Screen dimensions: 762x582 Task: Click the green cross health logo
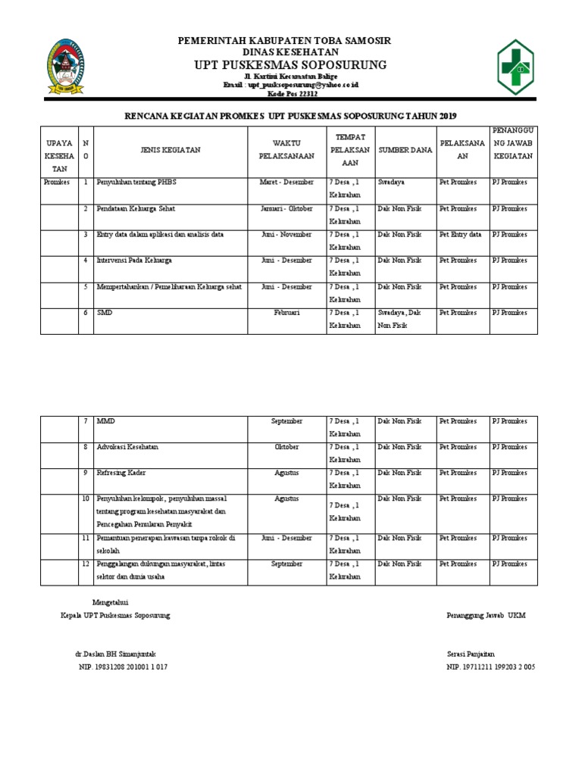[524, 67]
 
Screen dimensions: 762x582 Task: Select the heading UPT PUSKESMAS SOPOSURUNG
[290, 64]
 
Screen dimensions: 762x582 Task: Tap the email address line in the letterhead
[290, 85]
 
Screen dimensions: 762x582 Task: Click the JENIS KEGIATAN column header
[170, 150]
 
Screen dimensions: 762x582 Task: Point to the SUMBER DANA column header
[405, 150]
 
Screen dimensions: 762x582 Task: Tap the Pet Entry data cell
[460, 235]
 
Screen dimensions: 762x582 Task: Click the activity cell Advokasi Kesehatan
[127, 447]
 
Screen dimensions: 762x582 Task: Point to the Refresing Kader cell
[121, 473]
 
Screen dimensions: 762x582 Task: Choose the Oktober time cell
[286, 447]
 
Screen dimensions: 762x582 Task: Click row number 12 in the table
[86, 564]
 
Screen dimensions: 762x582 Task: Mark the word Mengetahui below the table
[99, 601]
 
